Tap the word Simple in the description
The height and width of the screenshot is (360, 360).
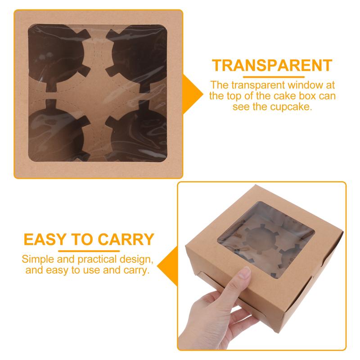(36, 261)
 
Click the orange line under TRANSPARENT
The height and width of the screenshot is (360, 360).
(272, 77)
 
